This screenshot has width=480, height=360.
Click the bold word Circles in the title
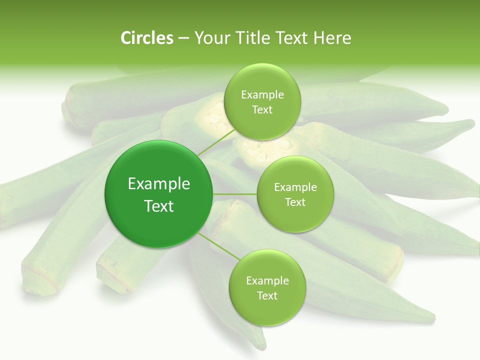(146, 38)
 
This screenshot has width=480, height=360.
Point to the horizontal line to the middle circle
(235, 193)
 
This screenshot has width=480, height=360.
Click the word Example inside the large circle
(159, 184)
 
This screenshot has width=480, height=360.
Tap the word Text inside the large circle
(159, 206)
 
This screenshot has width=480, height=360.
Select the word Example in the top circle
(262, 95)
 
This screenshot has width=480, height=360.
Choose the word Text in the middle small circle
(295, 202)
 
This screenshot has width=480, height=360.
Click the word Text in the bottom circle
(267, 295)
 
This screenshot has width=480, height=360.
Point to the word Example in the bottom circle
(267, 280)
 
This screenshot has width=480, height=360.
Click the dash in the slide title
(183, 38)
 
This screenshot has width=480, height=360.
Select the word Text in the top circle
(262, 109)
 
